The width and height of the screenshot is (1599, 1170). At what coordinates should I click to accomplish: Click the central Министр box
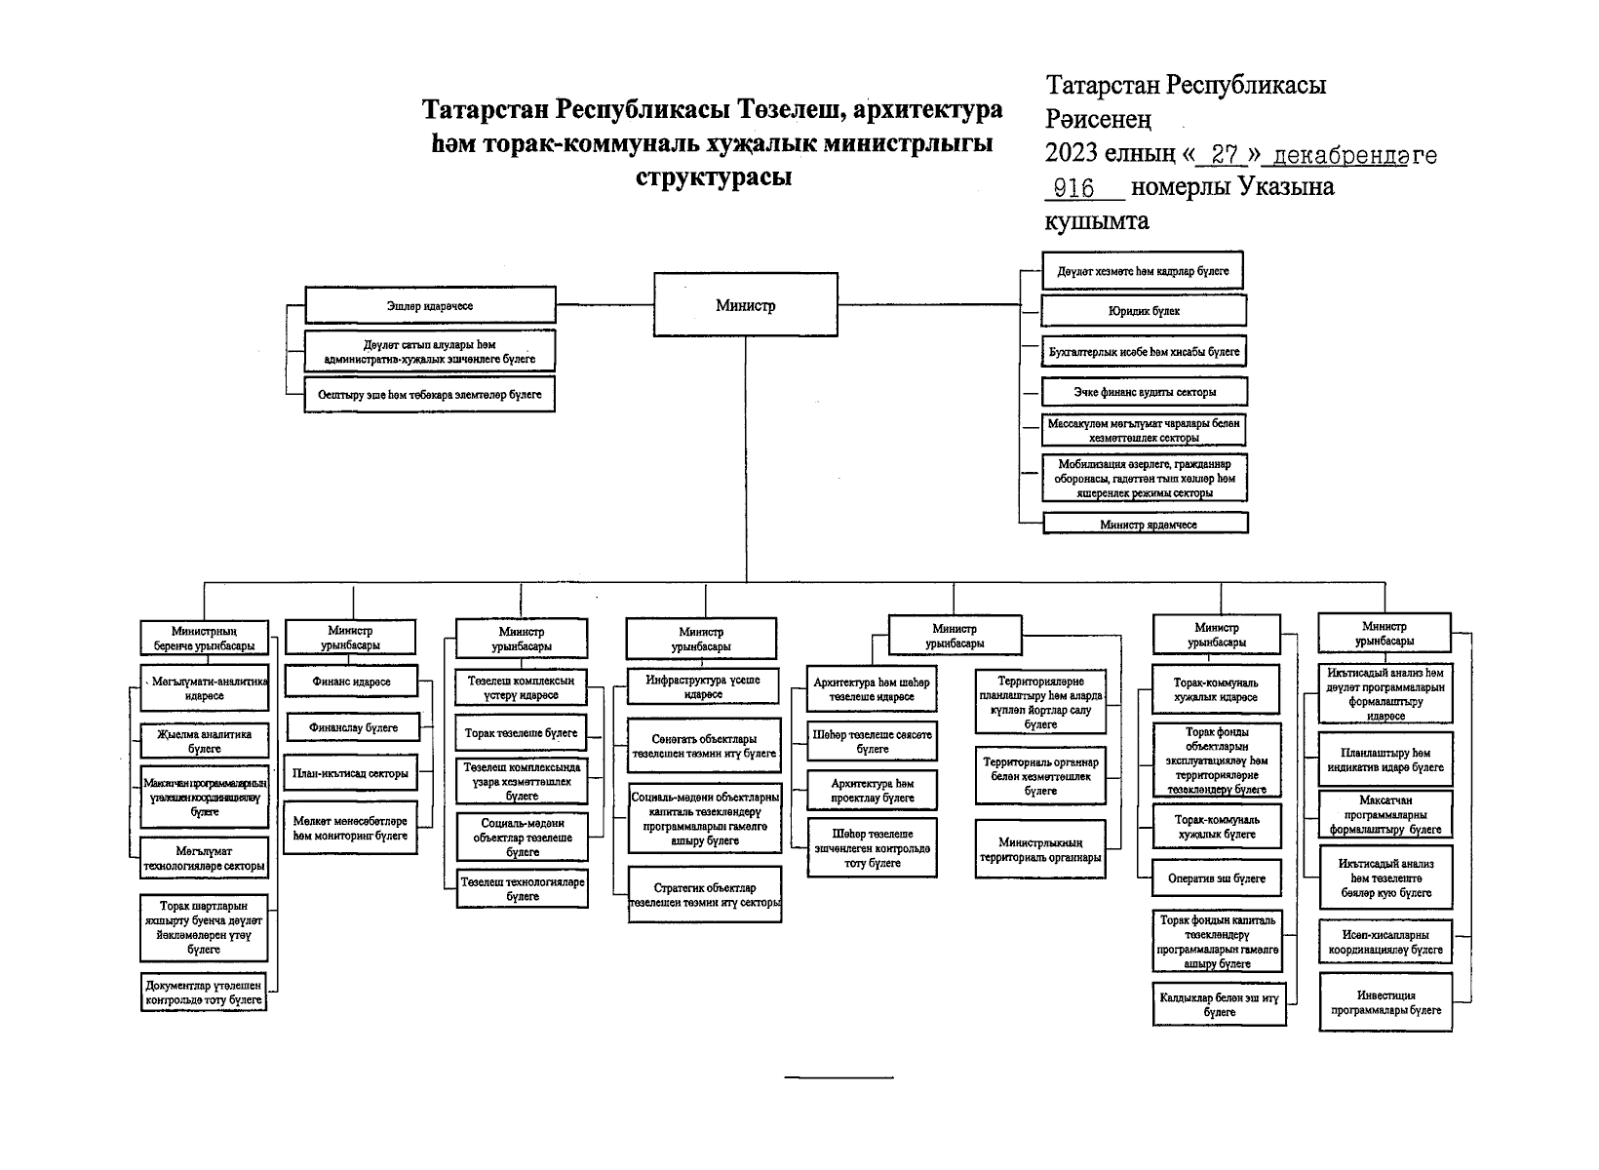point(745,305)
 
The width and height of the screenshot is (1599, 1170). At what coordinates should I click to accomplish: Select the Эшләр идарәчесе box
point(430,305)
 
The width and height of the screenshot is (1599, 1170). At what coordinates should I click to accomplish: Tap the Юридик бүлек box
point(1144,311)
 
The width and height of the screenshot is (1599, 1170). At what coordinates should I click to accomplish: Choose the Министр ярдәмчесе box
point(1147,524)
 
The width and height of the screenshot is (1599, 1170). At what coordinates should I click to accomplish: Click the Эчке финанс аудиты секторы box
point(1145,392)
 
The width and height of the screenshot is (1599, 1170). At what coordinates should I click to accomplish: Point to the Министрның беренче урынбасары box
point(204,639)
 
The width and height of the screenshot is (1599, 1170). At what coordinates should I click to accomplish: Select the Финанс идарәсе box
point(351,682)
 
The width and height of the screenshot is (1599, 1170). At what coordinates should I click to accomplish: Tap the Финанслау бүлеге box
point(354,727)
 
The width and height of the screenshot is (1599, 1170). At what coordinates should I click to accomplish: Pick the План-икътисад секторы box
point(351,774)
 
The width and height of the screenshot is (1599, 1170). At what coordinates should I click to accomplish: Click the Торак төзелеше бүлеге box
point(522,733)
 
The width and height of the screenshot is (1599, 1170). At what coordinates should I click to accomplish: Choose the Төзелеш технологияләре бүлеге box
point(524,889)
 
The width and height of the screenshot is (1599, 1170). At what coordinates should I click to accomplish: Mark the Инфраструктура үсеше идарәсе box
point(703,686)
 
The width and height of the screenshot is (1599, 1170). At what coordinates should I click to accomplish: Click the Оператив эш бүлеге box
point(1217,878)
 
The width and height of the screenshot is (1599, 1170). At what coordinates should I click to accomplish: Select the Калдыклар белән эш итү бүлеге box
point(1219,1005)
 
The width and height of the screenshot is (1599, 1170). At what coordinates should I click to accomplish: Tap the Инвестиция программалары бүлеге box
point(1385,1002)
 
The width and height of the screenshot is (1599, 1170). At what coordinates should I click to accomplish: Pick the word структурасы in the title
point(713,177)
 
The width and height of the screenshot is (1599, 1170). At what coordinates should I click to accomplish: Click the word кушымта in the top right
point(1097,222)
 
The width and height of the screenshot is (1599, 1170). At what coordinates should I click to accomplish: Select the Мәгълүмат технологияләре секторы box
point(205,859)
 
